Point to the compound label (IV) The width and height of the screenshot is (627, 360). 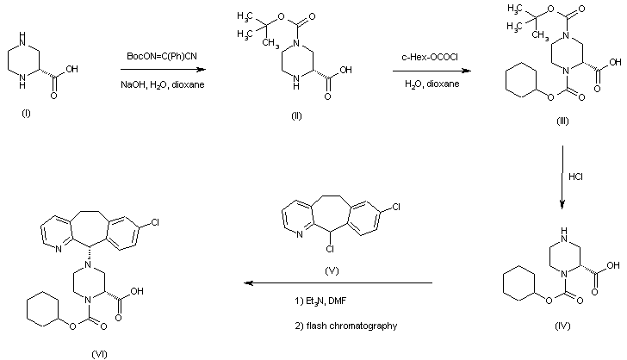(562, 328)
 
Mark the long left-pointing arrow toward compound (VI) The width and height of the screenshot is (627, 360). (337, 282)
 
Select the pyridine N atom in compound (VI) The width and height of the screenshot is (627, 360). (59, 251)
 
